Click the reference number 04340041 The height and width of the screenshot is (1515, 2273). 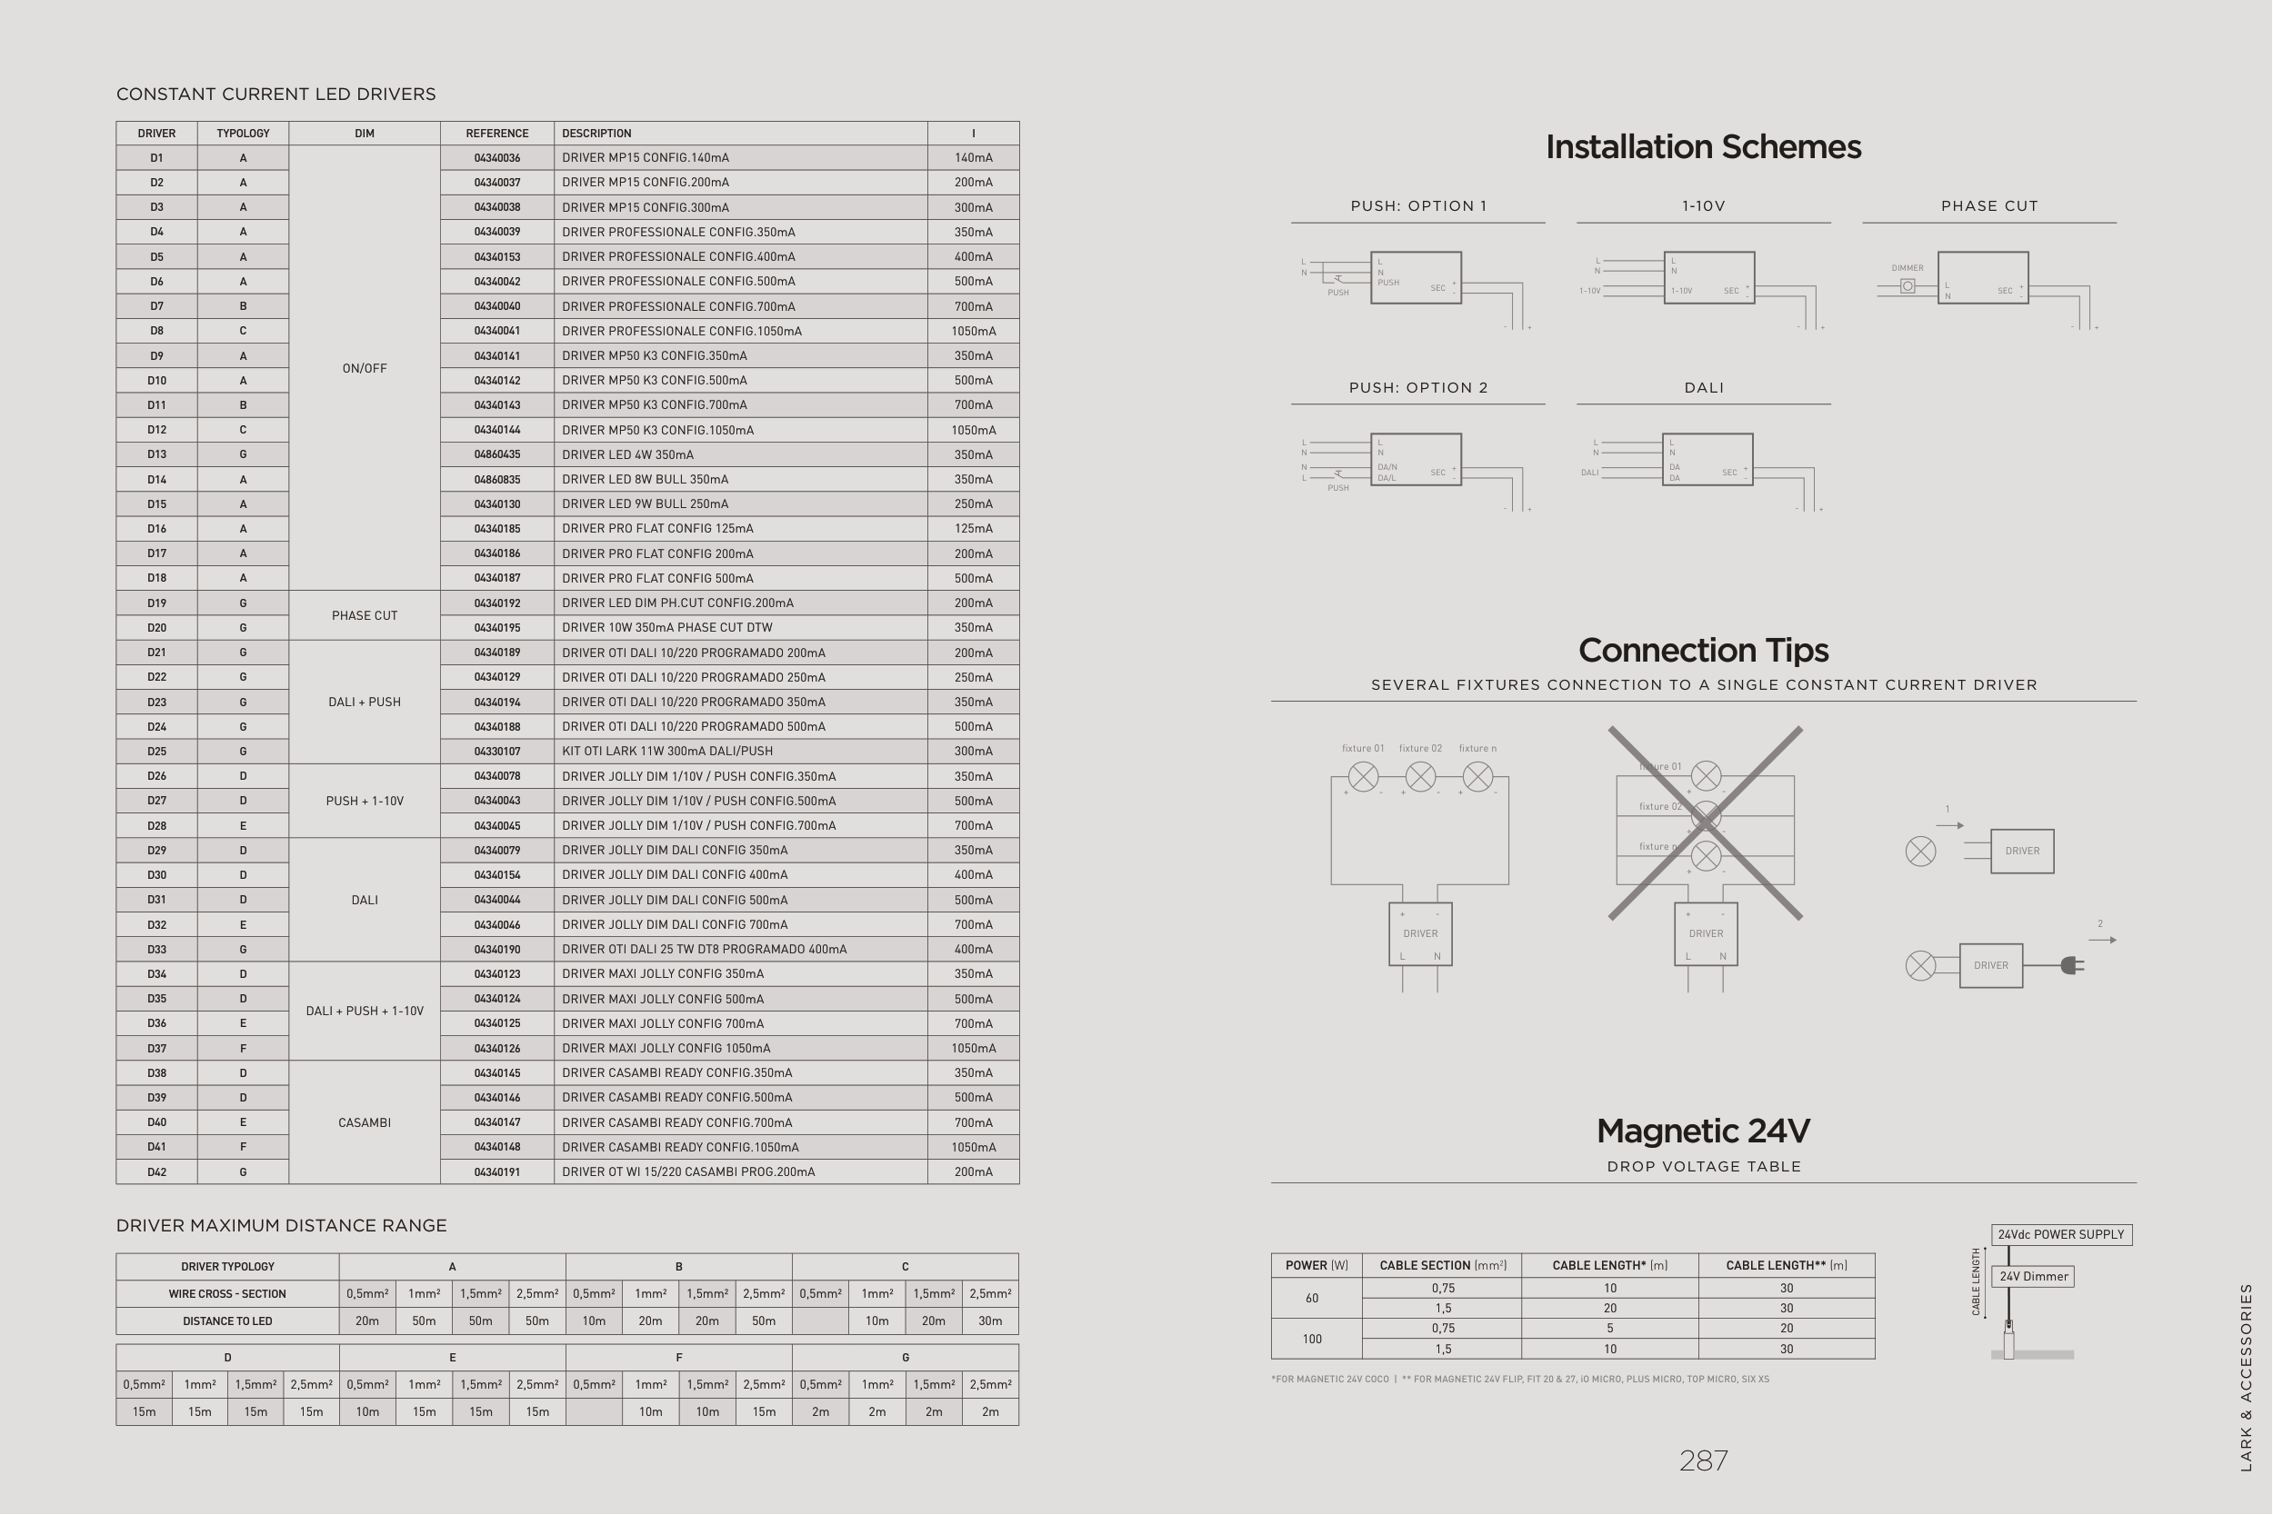point(496,331)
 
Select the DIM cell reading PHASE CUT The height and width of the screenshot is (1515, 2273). point(365,615)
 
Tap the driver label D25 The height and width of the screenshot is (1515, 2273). point(156,752)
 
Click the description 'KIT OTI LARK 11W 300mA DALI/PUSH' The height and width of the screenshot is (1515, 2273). point(666,752)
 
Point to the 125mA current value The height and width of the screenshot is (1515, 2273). point(973,529)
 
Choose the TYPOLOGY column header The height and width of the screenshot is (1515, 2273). point(243,134)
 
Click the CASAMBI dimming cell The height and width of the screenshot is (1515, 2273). point(365,1122)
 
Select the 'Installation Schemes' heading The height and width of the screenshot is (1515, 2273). point(1703,147)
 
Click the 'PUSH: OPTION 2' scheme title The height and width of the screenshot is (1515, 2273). point(1417,388)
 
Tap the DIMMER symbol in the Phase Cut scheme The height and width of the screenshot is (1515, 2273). point(1908,286)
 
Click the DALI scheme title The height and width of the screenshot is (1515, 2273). point(1704,388)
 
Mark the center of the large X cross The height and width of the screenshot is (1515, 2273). point(1706,823)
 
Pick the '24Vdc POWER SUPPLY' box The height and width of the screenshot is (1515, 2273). point(2061,1235)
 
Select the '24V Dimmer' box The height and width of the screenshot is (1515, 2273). point(2033,1276)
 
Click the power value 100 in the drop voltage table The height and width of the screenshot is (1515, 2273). point(1311,1340)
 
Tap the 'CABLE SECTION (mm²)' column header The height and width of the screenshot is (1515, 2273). point(1442,1266)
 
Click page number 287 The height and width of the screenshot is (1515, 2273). point(1703,1460)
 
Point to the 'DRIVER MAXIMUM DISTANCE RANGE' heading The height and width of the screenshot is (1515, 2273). point(281,1226)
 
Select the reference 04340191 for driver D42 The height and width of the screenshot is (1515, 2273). point(496,1172)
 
